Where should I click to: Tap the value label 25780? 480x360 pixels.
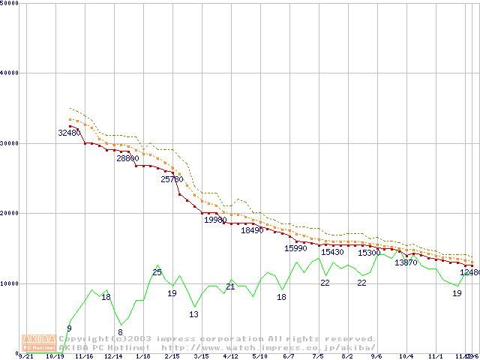pyautogui.click(x=172, y=179)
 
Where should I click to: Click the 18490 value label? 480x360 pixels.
pyautogui.click(x=253, y=230)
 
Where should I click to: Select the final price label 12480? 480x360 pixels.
pyautogui.click(x=469, y=273)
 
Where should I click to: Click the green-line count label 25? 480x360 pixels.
pyautogui.click(x=157, y=272)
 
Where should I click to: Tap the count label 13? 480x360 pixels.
pyautogui.click(x=193, y=314)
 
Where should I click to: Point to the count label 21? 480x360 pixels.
pyautogui.click(x=230, y=286)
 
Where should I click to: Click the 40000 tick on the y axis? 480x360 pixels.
pyautogui.click(x=9, y=73)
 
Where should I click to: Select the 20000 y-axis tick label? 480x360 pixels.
pyautogui.click(x=9, y=213)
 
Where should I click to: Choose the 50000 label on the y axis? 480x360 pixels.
pyautogui.click(x=9, y=3)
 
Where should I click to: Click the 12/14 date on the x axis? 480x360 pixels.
pyautogui.click(x=113, y=356)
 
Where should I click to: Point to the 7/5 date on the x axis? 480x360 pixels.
pyautogui.click(x=318, y=356)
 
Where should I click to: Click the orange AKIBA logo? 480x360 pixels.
pyautogui.click(x=37, y=343)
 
